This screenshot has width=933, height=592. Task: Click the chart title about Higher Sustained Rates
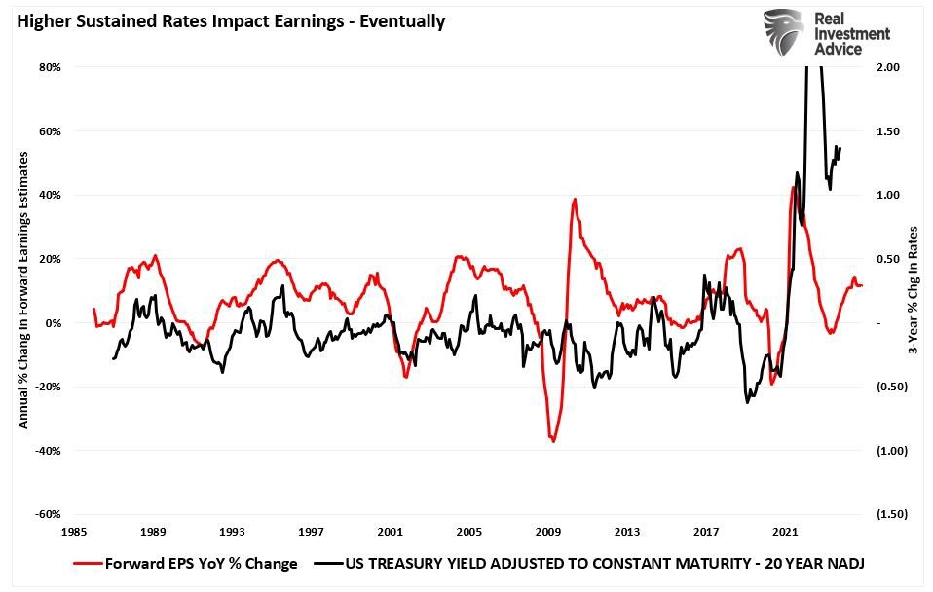tap(231, 21)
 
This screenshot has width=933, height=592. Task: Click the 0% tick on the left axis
tap(54, 323)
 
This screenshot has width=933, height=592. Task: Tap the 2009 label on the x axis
tap(548, 532)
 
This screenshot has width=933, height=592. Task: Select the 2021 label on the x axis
tap(786, 532)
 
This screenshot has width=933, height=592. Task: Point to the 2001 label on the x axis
tap(391, 532)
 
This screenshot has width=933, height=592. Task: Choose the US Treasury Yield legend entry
tap(594, 563)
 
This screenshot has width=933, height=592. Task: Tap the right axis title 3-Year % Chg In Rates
tap(913, 292)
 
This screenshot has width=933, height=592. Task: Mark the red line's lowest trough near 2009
tap(553, 441)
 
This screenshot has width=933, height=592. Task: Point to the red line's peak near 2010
tap(575, 200)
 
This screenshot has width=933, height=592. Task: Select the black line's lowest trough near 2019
tap(748, 401)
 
